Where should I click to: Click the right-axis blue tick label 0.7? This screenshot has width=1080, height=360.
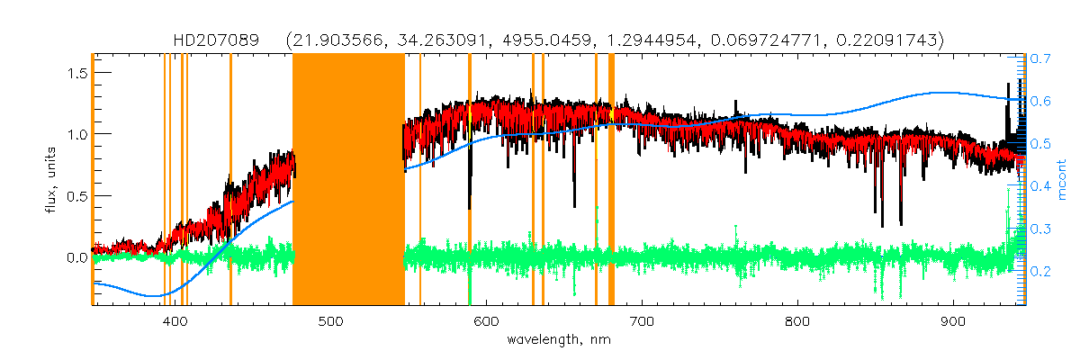point(1041,58)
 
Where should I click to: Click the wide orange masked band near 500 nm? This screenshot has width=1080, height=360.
point(348,180)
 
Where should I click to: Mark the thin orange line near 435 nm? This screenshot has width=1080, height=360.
point(230,180)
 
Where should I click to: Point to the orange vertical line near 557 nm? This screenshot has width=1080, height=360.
point(420,180)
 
